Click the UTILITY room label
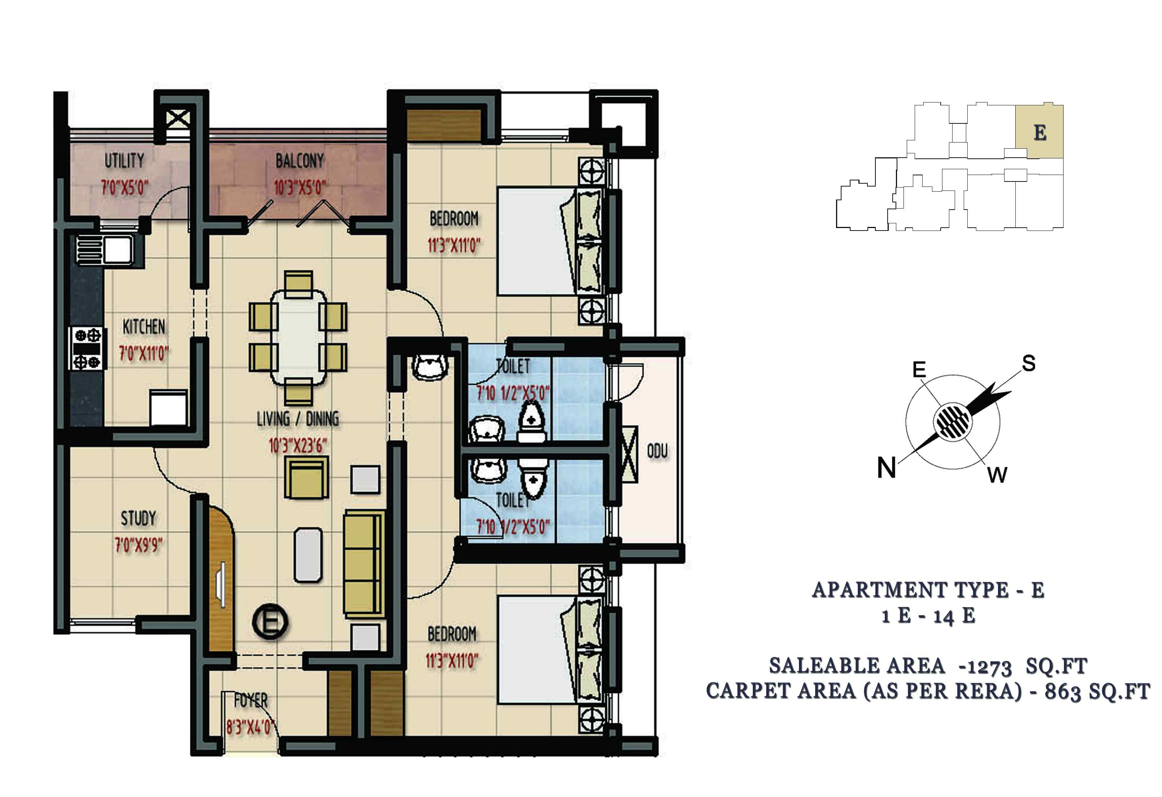pyautogui.click(x=124, y=161)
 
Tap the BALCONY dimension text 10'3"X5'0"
pyautogui.click(x=300, y=188)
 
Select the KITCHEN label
pyautogui.click(x=144, y=327)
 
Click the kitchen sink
pyautogui.click(x=105, y=249)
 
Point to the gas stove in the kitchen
pyautogui.click(x=88, y=348)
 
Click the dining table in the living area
pyautogui.click(x=298, y=338)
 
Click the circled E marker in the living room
pyautogui.click(x=270, y=622)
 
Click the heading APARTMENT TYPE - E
pyautogui.click(x=928, y=590)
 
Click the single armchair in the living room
pyautogui.click(x=306, y=478)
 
